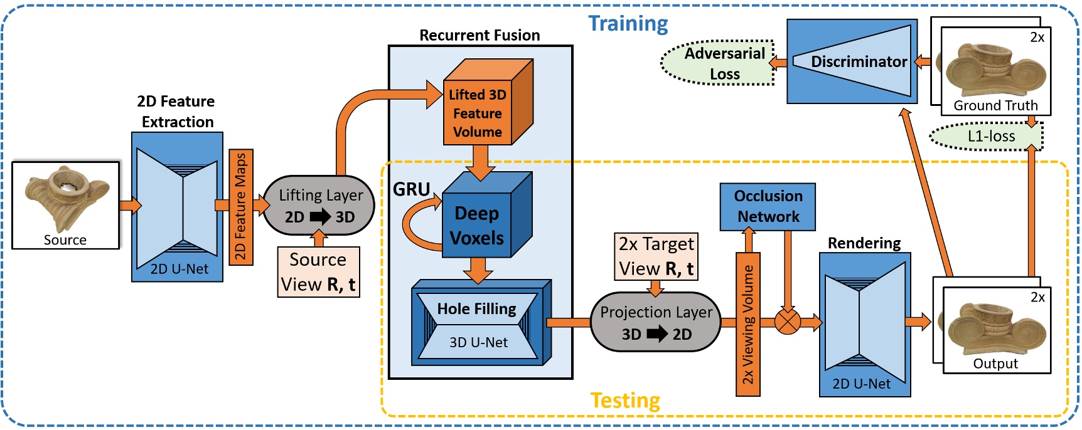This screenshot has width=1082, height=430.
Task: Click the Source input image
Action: point(65,205)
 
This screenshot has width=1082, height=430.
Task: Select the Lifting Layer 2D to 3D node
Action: point(319,206)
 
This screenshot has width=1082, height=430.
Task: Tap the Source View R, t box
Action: point(318,272)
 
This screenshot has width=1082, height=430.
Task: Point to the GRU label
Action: point(411,189)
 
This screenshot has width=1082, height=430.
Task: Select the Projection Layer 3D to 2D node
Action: point(656,322)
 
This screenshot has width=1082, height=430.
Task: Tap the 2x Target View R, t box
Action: point(656,256)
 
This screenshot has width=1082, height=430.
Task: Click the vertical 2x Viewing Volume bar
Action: point(747,324)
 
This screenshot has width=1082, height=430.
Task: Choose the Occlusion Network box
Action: point(768,206)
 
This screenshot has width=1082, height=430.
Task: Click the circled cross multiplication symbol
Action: point(787,322)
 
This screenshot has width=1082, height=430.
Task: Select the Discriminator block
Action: point(852,61)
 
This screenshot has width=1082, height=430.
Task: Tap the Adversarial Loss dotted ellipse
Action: point(719,63)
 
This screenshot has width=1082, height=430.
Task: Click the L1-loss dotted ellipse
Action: point(987,137)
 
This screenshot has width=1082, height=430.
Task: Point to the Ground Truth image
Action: point(995,70)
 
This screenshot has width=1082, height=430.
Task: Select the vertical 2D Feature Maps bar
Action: point(240,207)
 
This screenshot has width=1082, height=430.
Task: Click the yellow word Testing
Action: point(625,400)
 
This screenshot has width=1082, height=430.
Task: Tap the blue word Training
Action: point(628,24)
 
